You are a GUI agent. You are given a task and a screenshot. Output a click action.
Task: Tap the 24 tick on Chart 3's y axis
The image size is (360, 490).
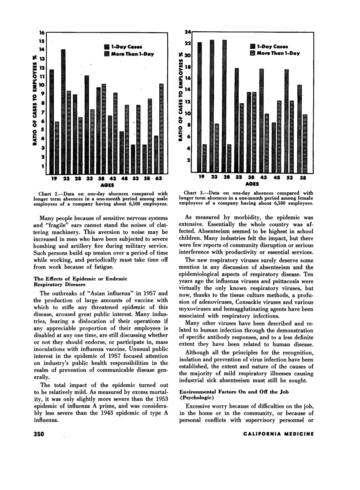187,32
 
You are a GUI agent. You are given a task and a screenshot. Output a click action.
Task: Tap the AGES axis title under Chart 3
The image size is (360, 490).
251,184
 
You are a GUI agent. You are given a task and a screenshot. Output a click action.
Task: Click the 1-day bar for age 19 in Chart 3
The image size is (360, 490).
199,106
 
